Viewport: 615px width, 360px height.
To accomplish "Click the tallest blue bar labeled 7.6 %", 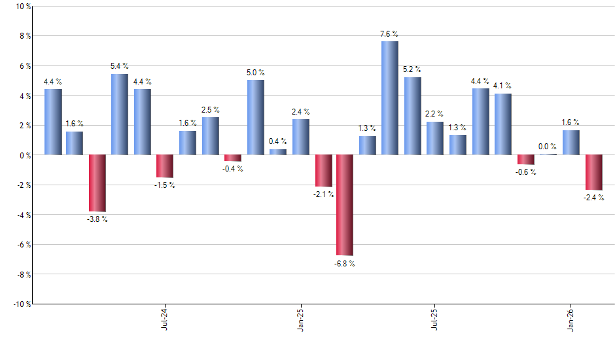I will click(389, 98).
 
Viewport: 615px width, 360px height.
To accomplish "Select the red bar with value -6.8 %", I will click(345, 205).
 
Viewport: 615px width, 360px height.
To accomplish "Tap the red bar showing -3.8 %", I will click(97, 183).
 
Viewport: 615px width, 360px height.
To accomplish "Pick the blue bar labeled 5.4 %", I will click(120, 115).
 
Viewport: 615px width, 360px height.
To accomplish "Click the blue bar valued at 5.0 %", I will click(256, 117).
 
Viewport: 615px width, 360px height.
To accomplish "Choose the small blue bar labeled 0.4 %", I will click(278, 152).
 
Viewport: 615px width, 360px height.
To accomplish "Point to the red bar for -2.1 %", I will click(323, 171).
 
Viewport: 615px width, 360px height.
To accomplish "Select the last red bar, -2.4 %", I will click(593, 172).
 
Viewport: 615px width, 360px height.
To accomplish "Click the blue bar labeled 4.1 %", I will click(503, 124).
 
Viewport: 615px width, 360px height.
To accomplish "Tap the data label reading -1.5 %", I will click(165, 185).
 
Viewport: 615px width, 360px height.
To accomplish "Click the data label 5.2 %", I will click(412, 69).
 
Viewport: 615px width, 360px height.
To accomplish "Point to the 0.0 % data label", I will click(548, 147).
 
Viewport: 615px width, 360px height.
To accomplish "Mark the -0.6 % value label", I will click(526, 172).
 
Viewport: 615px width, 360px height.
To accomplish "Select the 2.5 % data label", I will click(210, 109).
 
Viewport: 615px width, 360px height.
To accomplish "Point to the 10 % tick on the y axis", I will click(22, 7).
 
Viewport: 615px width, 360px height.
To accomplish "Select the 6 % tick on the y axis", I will click(24, 66).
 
